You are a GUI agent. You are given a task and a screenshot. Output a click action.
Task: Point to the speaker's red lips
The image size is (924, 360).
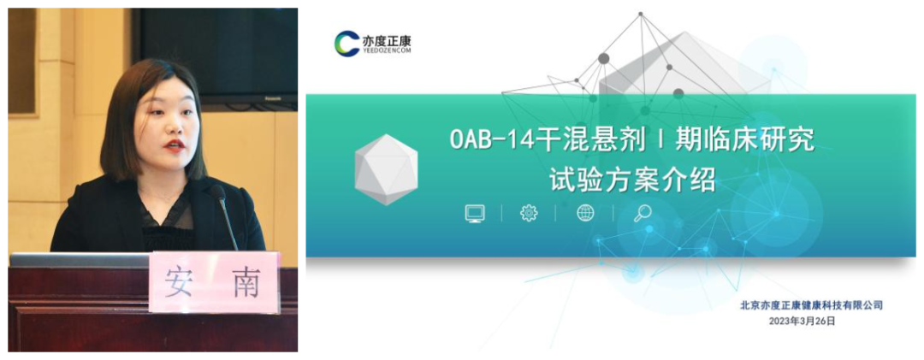pos(175,145)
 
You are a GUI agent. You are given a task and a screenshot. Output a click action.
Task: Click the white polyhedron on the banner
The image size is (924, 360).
pos(385,168)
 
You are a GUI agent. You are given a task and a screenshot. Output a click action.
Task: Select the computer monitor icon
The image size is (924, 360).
pos(475,213)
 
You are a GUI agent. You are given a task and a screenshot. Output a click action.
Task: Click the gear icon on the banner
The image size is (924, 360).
pos(529,213)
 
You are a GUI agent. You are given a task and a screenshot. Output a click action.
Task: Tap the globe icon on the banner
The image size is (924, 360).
pos(585,213)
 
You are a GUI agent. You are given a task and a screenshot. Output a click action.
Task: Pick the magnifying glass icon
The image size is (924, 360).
pos(642,213)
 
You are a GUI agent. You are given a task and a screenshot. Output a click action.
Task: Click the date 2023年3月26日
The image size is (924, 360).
pos(802,321)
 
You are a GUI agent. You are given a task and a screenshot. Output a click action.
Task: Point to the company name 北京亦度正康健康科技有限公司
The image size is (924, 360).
pos(811,305)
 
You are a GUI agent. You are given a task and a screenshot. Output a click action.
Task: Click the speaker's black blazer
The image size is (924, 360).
pos(94,222)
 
